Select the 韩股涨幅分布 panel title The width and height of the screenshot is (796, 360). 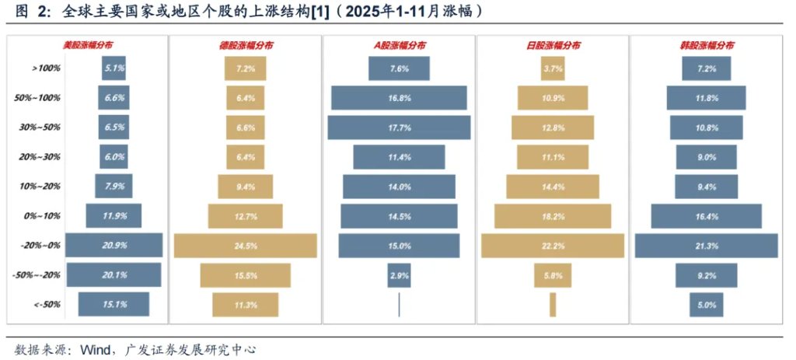[704, 46]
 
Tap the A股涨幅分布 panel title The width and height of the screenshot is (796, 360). [399, 46]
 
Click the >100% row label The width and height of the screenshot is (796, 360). [47, 68]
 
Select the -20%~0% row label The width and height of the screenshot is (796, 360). [46, 246]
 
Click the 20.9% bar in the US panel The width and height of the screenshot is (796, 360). [113, 246]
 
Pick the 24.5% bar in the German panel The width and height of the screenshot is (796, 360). [245, 246]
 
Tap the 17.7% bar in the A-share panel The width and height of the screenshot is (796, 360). [399, 128]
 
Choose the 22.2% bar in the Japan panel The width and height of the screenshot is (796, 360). [553, 246]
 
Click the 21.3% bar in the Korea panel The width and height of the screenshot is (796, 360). [706, 246]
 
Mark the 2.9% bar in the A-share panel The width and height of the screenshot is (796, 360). [399, 275]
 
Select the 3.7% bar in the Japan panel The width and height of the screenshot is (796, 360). [553, 68]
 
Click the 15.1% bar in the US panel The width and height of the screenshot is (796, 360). [113, 305]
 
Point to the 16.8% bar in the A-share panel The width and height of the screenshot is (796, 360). [399, 98]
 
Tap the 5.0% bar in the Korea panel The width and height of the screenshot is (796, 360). [706, 305]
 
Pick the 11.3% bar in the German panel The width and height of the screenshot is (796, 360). [245, 305]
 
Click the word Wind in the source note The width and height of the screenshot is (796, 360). [95, 349]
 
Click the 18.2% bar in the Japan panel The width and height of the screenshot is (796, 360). [553, 216]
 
